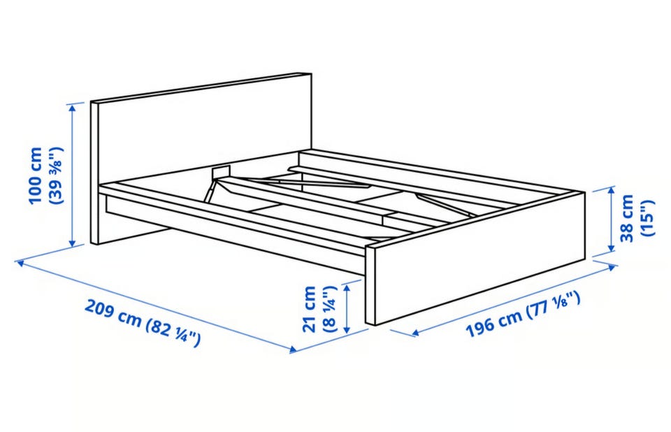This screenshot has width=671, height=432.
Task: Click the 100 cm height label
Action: point(35,175)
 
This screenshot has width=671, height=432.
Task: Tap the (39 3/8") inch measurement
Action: point(56,175)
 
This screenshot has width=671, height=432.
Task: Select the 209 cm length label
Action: point(113,314)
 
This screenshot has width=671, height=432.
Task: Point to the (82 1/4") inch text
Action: point(173,333)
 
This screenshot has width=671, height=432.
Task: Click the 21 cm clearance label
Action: point(309,309)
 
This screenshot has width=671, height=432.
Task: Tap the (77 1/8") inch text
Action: point(553,303)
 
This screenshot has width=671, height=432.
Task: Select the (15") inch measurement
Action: point(647,218)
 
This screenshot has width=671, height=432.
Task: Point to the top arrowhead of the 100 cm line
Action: point(73,108)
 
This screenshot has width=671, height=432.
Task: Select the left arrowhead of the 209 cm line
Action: point(20,262)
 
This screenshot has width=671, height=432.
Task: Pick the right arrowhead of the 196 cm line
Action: point(612,268)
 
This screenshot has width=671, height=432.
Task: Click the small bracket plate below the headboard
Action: point(219,171)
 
